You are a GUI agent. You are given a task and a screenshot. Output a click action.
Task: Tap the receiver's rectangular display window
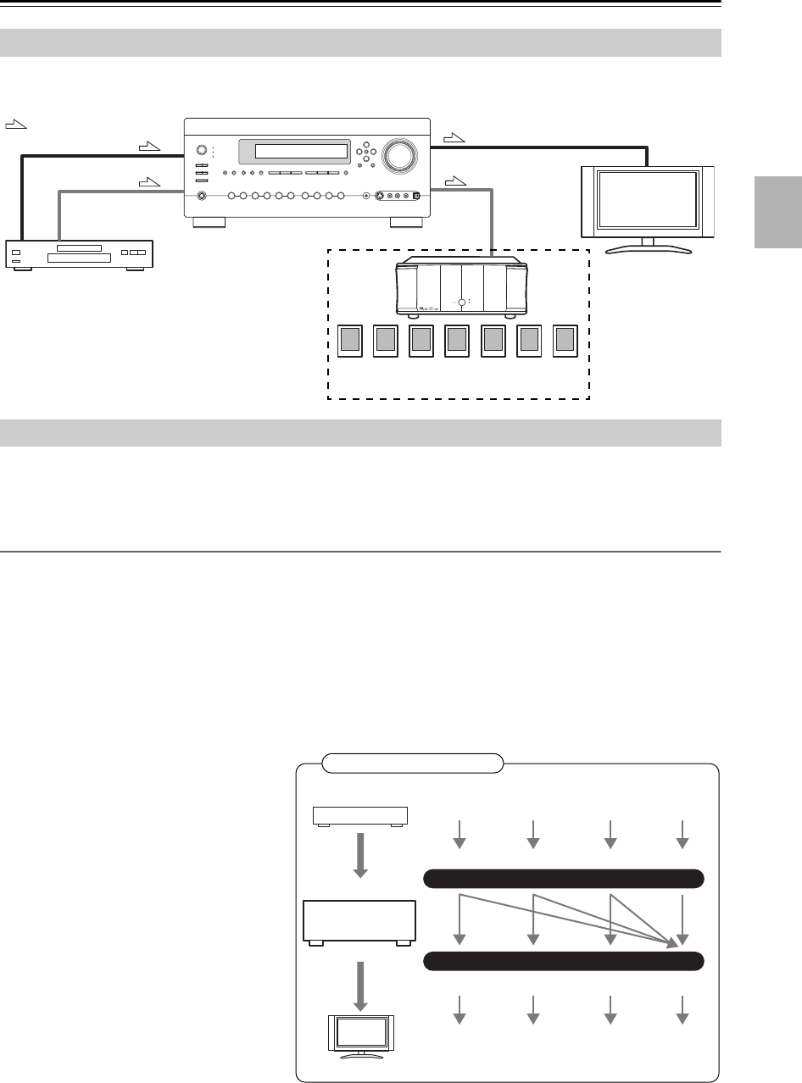pos(292,153)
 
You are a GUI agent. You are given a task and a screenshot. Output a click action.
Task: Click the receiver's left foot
pos(209,224)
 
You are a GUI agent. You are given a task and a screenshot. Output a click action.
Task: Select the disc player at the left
pos(79,254)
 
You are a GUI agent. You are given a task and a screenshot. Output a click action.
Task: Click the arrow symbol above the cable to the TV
pos(454,136)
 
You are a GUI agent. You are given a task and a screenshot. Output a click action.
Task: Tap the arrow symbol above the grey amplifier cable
pos(454,180)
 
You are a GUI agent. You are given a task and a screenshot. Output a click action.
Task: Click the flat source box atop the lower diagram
pos(360,816)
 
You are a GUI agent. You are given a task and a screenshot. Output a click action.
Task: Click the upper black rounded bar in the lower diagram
pos(562,879)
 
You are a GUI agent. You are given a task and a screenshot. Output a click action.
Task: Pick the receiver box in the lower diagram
pos(359,923)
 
